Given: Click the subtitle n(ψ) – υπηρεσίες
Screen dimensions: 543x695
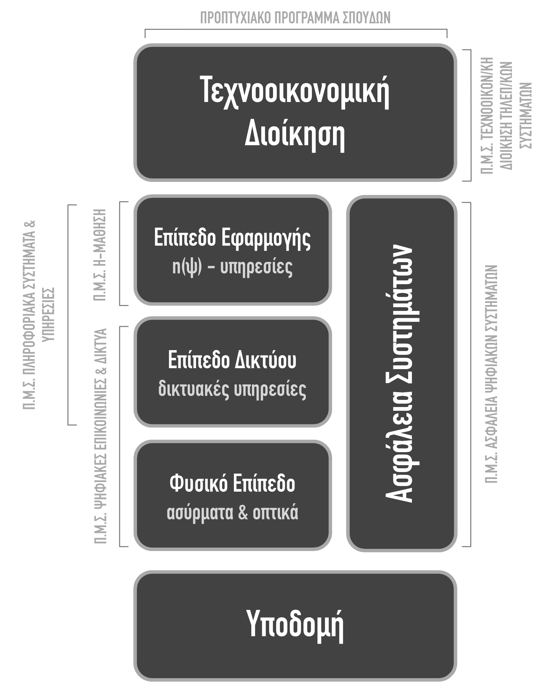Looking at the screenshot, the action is (232, 268).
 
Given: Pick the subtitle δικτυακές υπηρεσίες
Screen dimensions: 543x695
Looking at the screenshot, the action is (232, 389).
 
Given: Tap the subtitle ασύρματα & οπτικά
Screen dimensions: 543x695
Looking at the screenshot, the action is (232, 512).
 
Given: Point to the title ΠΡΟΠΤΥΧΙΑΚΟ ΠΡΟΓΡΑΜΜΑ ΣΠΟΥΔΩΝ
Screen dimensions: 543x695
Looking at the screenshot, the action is (295, 18).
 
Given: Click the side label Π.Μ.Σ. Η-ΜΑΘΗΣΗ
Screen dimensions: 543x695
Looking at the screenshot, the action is (100, 255).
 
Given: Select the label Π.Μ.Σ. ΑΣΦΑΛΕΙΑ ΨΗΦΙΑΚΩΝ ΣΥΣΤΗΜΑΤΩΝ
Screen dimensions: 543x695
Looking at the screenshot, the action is (491, 374).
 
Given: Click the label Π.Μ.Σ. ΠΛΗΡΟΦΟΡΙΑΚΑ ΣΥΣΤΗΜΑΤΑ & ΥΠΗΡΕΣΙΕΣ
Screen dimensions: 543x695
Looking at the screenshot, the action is (39, 315).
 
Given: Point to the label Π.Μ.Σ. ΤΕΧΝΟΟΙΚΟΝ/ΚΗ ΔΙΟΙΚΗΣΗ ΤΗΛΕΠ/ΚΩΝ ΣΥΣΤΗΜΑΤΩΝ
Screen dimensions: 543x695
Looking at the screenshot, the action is (505, 115).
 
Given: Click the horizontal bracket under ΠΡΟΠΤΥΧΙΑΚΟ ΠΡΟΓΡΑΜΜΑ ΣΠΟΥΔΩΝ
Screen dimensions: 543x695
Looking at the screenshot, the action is (296, 30).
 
